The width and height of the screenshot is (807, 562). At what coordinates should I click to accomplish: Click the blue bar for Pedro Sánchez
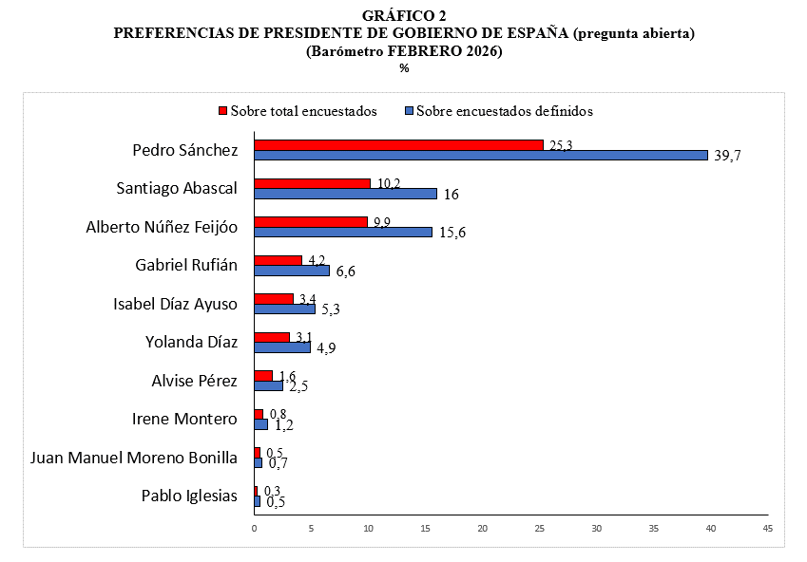tap(480, 155)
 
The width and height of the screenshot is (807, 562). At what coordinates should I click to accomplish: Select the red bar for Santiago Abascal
tap(312, 183)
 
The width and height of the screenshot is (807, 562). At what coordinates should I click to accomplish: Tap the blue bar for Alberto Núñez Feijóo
tap(342, 232)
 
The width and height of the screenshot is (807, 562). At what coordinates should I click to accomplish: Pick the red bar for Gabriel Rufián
tap(278, 259)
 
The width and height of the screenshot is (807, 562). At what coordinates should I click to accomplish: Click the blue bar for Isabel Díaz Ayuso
tap(284, 309)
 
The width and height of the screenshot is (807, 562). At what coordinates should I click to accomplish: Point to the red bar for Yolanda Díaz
tap(271, 337)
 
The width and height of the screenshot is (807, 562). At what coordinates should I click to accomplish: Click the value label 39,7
tap(727, 156)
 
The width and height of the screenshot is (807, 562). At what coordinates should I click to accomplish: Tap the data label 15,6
tap(451, 233)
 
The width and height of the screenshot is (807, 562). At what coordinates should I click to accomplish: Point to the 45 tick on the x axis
tap(767, 528)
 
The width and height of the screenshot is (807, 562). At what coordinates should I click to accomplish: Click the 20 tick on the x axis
tap(482, 528)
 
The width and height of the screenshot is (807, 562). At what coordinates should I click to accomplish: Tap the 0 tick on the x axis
tap(254, 528)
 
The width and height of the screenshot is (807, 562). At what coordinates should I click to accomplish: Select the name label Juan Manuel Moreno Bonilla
tap(134, 458)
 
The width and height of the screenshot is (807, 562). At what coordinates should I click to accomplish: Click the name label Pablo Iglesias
tap(189, 496)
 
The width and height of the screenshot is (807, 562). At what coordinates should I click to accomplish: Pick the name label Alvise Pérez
tap(195, 381)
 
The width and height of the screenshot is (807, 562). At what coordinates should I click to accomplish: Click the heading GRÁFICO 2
tap(404, 16)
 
